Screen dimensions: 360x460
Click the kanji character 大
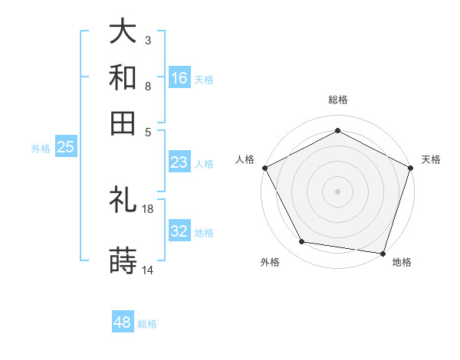click(x=123, y=31)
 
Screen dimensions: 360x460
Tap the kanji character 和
click(x=123, y=77)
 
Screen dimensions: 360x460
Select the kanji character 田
click(x=123, y=123)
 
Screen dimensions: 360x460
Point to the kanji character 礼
click(x=123, y=201)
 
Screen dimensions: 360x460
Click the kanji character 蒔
click(x=123, y=262)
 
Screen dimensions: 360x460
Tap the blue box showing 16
click(x=179, y=78)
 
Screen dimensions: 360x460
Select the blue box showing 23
click(x=179, y=162)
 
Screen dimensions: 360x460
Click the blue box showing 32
click(x=179, y=231)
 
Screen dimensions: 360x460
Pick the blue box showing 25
click(x=65, y=147)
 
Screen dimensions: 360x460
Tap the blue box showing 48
click(x=123, y=322)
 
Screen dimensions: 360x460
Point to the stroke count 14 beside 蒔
click(x=148, y=270)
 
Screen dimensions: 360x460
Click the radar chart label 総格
click(x=337, y=100)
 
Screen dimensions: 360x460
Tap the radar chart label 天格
click(x=431, y=159)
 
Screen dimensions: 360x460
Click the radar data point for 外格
click(x=302, y=242)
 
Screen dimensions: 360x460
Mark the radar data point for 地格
click(x=383, y=253)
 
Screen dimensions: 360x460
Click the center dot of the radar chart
click(x=337, y=191)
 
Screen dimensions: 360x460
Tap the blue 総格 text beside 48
click(x=147, y=324)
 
